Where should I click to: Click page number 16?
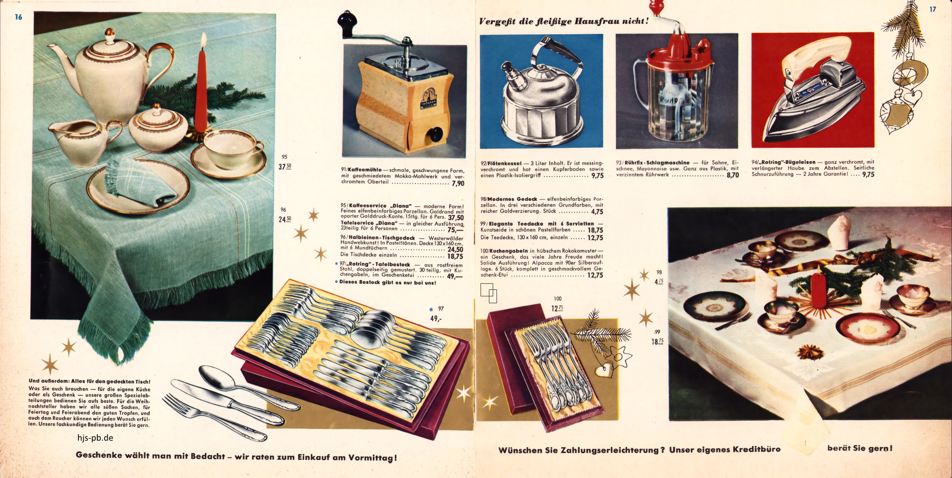(18, 17)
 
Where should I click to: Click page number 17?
(933, 9)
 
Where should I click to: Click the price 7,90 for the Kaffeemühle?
(458, 184)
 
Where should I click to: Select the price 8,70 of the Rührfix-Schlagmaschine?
(733, 175)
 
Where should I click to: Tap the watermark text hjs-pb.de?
(95, 438)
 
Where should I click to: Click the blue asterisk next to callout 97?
(431, 310)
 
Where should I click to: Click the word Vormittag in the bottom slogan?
(371, 458)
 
